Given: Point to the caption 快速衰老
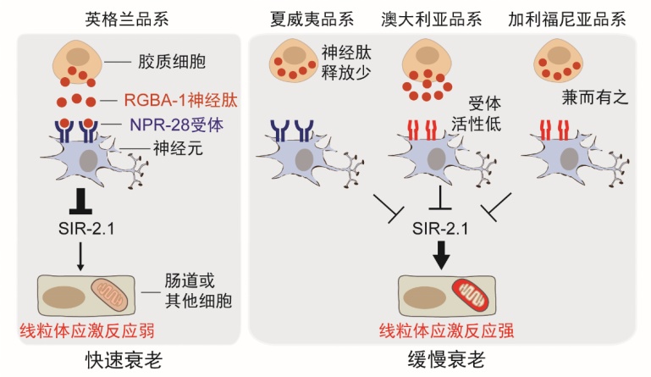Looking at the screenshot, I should pos(124,358).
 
